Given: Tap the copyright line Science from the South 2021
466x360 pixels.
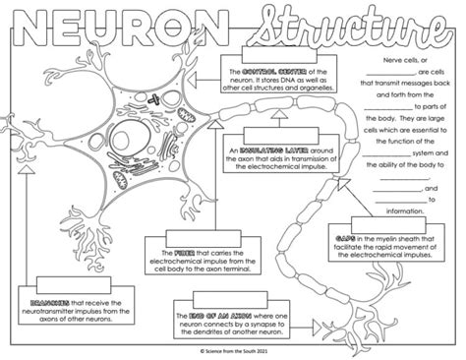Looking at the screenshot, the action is [233, 350].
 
